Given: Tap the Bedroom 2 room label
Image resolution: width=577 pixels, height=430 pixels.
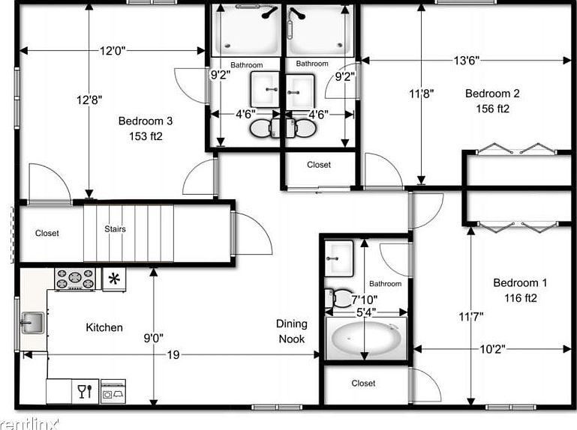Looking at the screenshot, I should point(492,94).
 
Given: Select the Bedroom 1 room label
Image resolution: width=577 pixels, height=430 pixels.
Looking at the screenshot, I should point(519,283).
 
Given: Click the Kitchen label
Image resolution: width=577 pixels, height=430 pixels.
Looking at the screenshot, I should point(104,327).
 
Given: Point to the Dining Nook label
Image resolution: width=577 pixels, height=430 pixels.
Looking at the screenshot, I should point(291,330).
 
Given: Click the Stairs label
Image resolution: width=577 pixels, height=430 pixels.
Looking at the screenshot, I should point(115,229).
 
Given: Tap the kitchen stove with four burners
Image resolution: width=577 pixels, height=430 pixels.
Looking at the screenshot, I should point(75,279).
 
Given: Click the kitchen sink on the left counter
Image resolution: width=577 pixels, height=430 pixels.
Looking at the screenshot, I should point(32,324).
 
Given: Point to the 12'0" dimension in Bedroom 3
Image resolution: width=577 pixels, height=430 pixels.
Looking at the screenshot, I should point(112,51).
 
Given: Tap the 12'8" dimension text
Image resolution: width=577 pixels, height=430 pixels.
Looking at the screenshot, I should point(89,98).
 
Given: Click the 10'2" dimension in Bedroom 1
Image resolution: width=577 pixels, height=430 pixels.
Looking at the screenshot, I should point(492,348).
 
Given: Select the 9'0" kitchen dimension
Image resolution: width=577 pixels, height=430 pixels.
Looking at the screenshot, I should point(154,337).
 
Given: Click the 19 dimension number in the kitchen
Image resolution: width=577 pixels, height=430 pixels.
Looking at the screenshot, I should point(173,355).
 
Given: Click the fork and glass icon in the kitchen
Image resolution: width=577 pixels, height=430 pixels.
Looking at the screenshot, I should point(85,390).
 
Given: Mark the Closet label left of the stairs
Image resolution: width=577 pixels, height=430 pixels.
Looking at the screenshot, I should point(47,233).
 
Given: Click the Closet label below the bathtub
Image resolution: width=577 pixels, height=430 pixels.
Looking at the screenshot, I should point(363,384).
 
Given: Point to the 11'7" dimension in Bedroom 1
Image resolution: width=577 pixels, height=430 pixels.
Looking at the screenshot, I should point(470,316).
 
